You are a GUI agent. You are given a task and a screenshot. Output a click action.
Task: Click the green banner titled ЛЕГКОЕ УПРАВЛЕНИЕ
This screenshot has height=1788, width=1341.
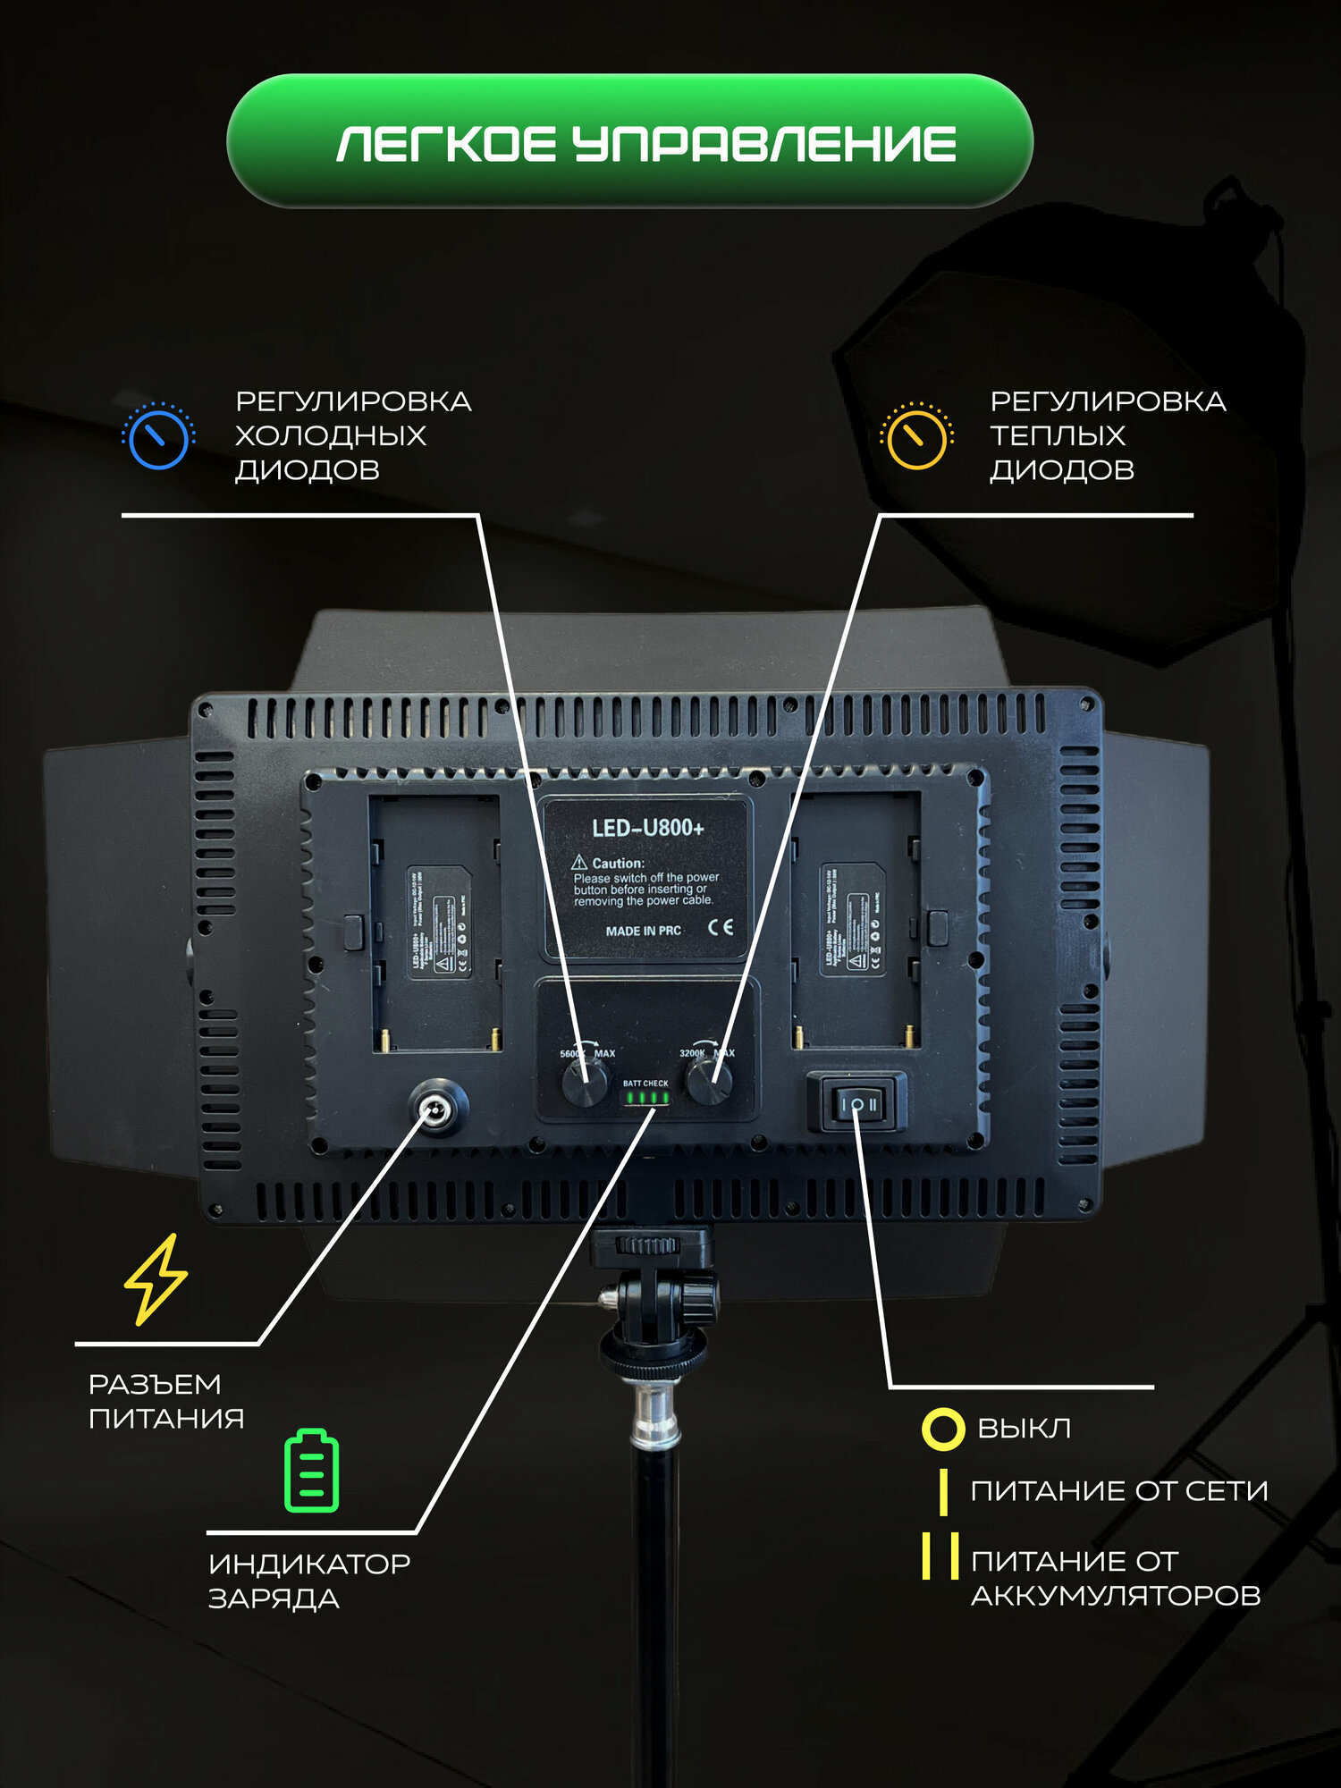pyautogui.click(x=629, y=141)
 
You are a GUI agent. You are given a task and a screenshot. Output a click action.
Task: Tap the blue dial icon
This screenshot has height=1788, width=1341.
pyautogui.click(x=158, y=437)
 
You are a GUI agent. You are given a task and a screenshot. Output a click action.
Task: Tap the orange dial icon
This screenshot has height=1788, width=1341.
pyautogui.click(x=915, y=437)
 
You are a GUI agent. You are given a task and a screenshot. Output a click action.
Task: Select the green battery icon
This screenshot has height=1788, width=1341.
pyautogui.click(x=311, y=1472)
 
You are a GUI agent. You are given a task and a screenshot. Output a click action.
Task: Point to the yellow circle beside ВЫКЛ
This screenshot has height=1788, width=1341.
pyautogui.click(x=942, y=1429)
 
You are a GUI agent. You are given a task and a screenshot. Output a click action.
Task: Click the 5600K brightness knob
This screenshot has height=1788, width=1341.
pyautogui.click(x=584, y=1084)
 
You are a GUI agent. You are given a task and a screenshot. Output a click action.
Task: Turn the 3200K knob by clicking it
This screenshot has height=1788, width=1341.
pyautogui.click(x=709, y=1084)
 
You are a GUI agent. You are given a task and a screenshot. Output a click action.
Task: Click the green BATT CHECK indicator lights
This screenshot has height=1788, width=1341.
pyautogui.click(x=646, y=1098)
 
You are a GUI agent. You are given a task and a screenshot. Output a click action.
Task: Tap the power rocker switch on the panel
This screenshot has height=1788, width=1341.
pyautogui.click(x=856, y=1104)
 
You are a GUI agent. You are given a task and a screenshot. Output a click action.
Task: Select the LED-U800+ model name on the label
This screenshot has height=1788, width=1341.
pyautogui.click(x=647, y=828)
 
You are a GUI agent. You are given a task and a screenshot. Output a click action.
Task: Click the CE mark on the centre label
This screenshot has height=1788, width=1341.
pyautogui.click(x=721, y=927)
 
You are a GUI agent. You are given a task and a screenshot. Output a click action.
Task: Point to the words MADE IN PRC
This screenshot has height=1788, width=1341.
pyautogui.click(x=643, y=931)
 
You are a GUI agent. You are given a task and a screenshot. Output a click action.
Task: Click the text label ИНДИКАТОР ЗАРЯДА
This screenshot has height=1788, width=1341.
pyautogui.click(x=308, y=1581)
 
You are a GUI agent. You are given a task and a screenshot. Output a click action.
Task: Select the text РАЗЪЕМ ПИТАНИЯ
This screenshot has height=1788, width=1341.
pyautogui.click(x=165, y=1401)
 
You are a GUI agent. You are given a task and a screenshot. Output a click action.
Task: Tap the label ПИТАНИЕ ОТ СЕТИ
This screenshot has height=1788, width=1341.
pyautogui.click(x=1118, y=1491)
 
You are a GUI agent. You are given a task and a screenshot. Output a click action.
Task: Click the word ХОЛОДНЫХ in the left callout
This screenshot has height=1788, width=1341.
pyautogui.click(x=330, y=435)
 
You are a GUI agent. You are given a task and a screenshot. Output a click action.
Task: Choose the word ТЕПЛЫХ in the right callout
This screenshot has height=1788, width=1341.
pyautogui.click(x=1057, y=435)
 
